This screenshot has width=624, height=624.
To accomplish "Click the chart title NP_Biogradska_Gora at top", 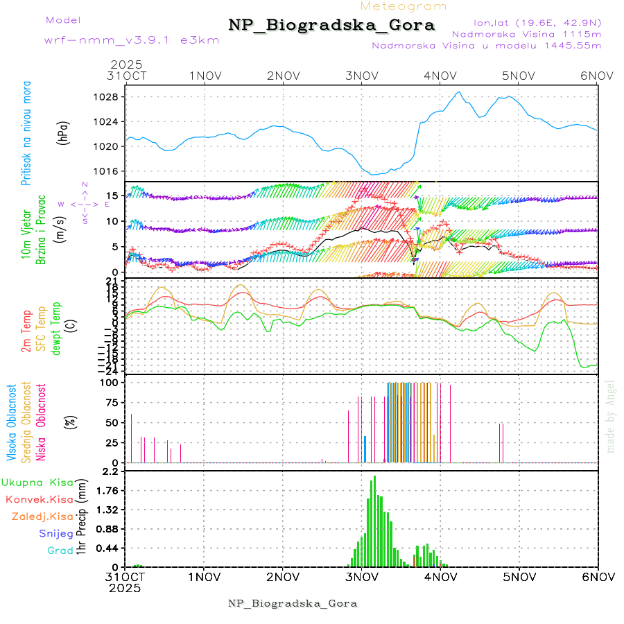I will [331, 26].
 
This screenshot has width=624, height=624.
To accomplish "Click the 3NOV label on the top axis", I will [361, 76].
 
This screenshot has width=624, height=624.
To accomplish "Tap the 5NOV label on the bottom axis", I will [519, 576].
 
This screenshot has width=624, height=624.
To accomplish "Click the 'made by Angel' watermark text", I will [611, 416].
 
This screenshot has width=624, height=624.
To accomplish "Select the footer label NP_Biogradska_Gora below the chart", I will [293, 603].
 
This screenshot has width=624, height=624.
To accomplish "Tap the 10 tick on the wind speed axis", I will [111, 221].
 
